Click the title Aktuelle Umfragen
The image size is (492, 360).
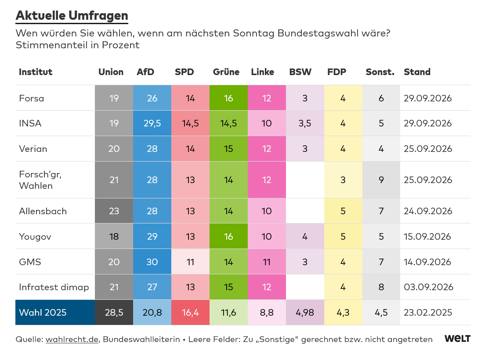72,16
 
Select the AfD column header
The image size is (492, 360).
145,72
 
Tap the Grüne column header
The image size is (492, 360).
226,72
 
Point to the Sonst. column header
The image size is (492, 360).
380,72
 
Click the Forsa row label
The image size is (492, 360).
31,98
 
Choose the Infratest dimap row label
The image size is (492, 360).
54,287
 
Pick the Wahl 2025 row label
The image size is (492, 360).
43,312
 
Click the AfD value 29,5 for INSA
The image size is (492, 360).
152,123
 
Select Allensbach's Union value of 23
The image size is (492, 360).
114,211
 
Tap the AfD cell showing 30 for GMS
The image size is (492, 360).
152,262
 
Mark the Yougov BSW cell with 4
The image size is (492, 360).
305,237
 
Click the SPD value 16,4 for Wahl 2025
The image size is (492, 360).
191,312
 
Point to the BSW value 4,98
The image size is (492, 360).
305,312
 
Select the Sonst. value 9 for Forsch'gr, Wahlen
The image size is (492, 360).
381,180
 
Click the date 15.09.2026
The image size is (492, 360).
427,237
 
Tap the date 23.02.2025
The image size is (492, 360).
428,312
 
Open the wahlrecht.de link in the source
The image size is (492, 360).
72,339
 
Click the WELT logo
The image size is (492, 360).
457,338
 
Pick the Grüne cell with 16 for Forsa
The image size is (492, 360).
228,98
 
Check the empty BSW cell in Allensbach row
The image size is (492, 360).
305,211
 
